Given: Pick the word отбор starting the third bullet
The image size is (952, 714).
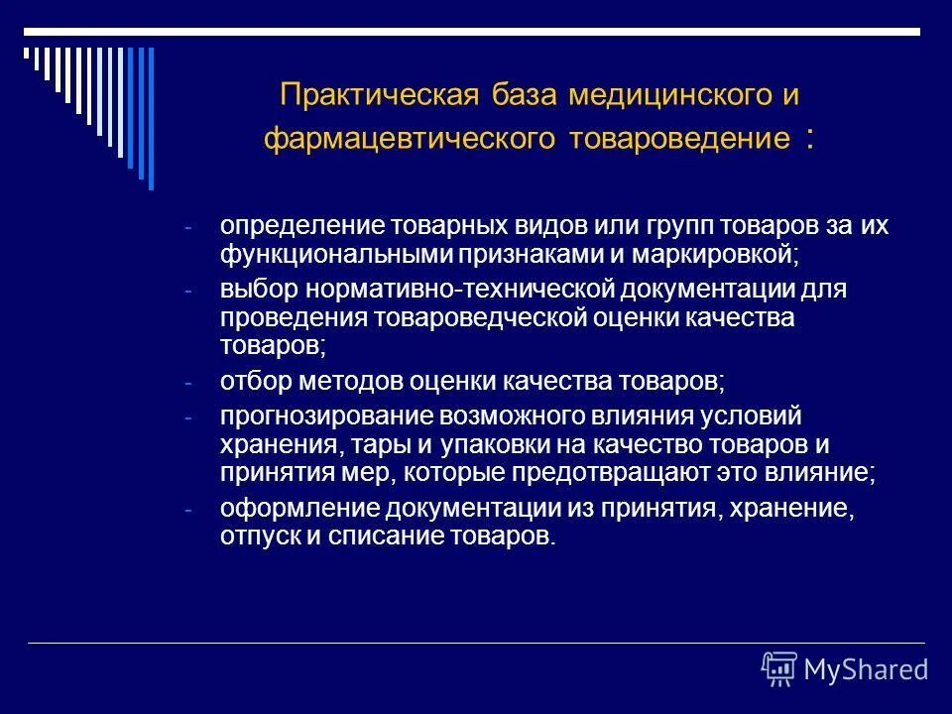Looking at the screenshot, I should (249, 381).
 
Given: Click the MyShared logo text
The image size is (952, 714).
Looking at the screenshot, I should (865, 669).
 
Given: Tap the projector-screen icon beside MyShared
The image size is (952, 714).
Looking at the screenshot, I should (778, 669).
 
